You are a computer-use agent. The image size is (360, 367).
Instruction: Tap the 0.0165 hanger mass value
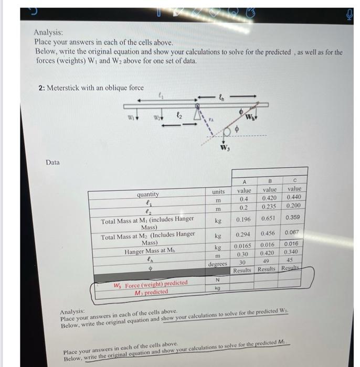[242, 245]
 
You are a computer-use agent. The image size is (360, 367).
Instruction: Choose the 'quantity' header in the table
[148, 194]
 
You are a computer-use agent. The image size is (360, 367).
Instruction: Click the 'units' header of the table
[218, 192]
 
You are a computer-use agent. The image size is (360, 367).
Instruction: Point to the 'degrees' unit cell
[217, 264]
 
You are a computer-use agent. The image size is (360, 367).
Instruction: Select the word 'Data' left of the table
[52, 163]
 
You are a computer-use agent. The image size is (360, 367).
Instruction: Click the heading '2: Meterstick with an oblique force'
[91, 88]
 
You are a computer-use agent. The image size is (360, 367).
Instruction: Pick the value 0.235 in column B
[270, 207]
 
